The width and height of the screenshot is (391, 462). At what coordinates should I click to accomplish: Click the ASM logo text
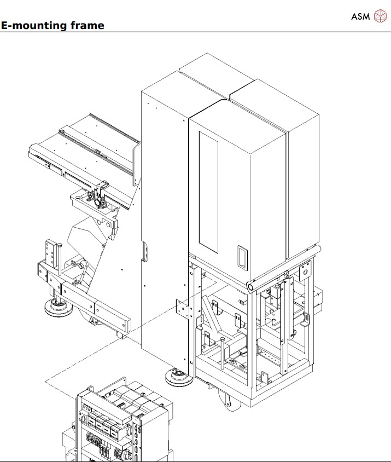point(360,16)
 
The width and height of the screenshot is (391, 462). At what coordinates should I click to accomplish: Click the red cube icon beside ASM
point(379,16)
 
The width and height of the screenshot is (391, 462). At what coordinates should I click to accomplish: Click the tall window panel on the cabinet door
point(208,192)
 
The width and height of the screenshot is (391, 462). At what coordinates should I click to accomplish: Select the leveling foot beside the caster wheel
point(178,377)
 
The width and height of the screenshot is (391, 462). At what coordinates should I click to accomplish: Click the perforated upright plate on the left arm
point(52,254)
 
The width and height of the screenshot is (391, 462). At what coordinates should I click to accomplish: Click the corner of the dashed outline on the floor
point(45,381)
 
